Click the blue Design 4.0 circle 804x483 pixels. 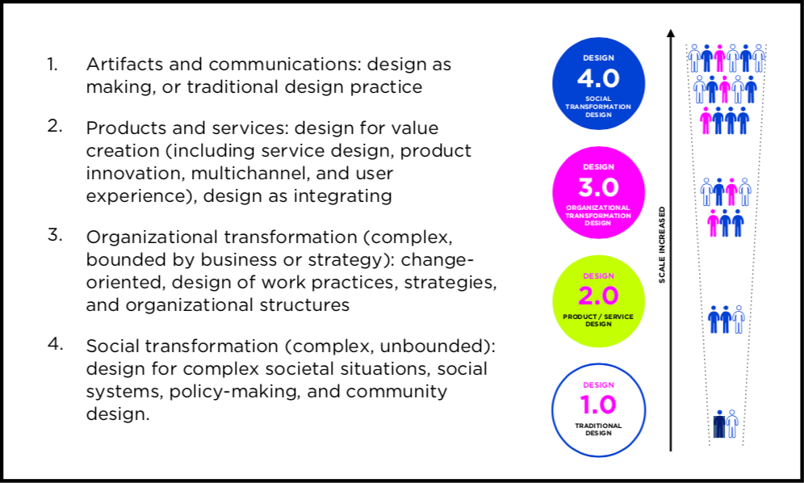(598, 84)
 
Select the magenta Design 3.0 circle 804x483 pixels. (598, 192)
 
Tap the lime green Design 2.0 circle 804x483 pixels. (598, 301)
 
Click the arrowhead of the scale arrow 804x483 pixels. (671, 33)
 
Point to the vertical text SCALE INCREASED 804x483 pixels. (662, 245)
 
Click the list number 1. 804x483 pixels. (52, 64)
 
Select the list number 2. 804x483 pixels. (54, 126)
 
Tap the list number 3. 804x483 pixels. (54, 235)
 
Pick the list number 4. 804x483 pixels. (55, 344)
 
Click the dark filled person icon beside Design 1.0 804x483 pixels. (719, 424)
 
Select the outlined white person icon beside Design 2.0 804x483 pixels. (739, 319)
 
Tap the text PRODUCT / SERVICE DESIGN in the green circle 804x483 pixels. (598, 321)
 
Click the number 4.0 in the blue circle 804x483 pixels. (598, 78)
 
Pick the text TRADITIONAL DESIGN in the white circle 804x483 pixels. (598, 429)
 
